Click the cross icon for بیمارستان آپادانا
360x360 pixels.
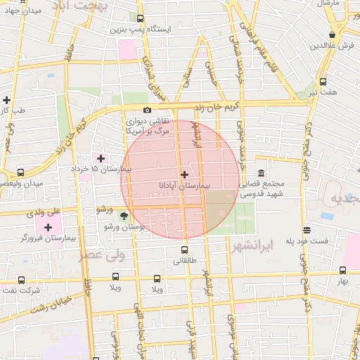coord(184,174)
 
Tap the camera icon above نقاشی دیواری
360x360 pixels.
coord(147,110)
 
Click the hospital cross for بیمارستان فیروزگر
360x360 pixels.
coord(48,227)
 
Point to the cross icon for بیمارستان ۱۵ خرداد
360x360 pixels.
coord(101,158)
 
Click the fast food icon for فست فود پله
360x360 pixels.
coord(307,230)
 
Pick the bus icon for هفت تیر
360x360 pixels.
coord(323,82)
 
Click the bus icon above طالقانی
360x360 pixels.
coord(185,250)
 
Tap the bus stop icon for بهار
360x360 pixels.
coord(342,270)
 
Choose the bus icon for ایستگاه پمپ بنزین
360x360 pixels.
coord(140,19)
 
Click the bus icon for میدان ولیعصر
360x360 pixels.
coord(20,172)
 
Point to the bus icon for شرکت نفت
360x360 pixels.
coord(22,280)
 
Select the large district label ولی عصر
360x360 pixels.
coord(103,255)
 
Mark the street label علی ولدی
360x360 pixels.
coord(44,210)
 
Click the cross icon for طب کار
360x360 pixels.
coord(6,100)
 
